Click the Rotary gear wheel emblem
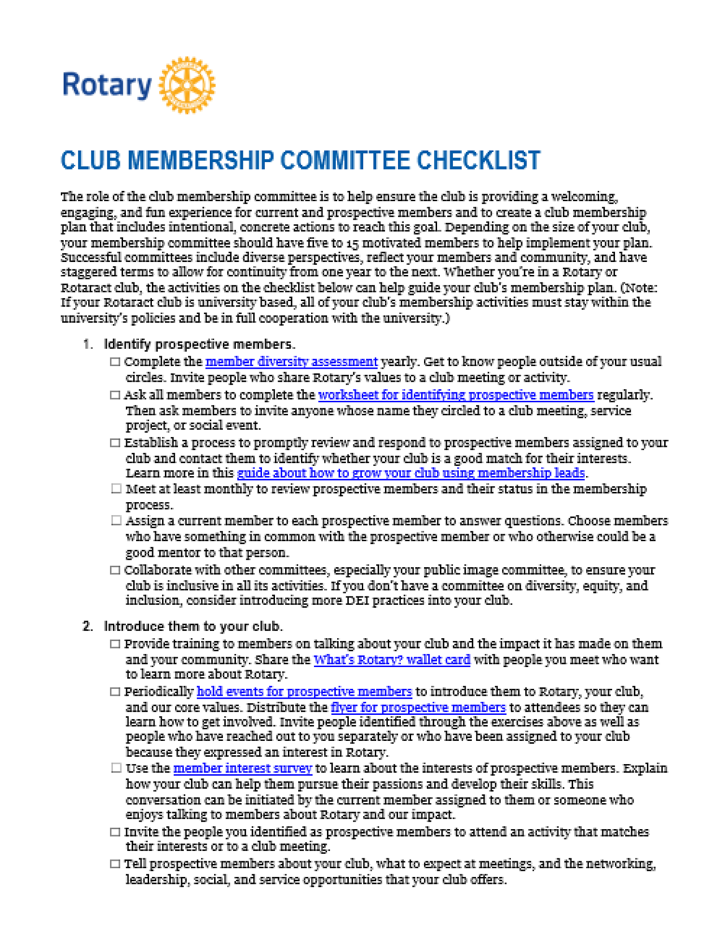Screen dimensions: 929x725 [187, 85]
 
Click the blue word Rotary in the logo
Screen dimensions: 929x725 [107, 85]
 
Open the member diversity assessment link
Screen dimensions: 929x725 [291, 361]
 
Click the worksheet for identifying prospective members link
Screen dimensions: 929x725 [456, 395]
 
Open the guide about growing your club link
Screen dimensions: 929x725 [411, 473]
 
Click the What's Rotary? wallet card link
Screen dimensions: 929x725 [392, 660]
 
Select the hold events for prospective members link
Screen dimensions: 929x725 [304, 692]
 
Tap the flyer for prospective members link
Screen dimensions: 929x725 [418, 707]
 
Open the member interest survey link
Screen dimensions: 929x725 [242, 768]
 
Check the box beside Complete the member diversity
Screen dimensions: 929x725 [115, 362]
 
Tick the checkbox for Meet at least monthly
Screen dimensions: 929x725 [116, 489]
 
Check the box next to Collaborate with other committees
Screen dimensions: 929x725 [115, 570]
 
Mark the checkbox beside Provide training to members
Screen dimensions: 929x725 [115, 644]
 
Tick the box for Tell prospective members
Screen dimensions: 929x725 [115, 864]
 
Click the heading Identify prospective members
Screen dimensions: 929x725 [199, 344]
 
